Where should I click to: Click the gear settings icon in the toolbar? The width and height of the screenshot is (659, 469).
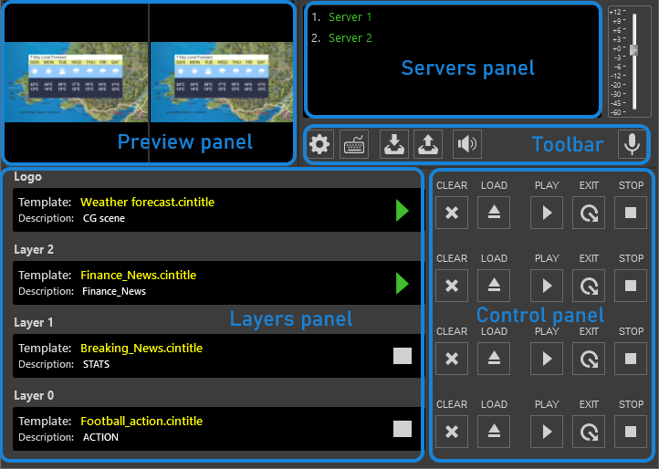(319, 144)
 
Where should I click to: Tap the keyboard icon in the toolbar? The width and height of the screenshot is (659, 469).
(354, 144)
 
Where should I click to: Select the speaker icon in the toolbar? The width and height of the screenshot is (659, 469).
(467, 144)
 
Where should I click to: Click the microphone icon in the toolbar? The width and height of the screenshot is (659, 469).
(630, 143)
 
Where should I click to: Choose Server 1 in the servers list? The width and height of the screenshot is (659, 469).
(350, 17)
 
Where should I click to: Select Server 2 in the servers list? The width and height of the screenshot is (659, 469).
(350, 38)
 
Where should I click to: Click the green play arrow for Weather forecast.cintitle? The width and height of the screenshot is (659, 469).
(403, 211)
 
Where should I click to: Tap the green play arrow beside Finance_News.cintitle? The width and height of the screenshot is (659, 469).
(403, 284)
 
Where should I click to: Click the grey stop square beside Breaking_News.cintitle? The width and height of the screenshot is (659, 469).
(403, 356)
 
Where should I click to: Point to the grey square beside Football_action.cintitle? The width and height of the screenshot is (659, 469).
(403, 429)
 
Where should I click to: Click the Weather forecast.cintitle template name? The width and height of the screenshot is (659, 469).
(147, 202)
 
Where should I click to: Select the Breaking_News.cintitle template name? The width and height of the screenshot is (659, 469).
(141, 348)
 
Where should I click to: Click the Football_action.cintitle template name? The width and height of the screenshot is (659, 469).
(141, 421)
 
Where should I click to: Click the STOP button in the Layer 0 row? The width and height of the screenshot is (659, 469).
(631, 431)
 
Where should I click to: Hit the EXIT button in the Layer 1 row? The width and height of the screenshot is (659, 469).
(589, 358)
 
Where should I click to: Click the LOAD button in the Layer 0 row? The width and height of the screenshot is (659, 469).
(494, 431)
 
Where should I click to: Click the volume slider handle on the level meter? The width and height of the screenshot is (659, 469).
(633, 48)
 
